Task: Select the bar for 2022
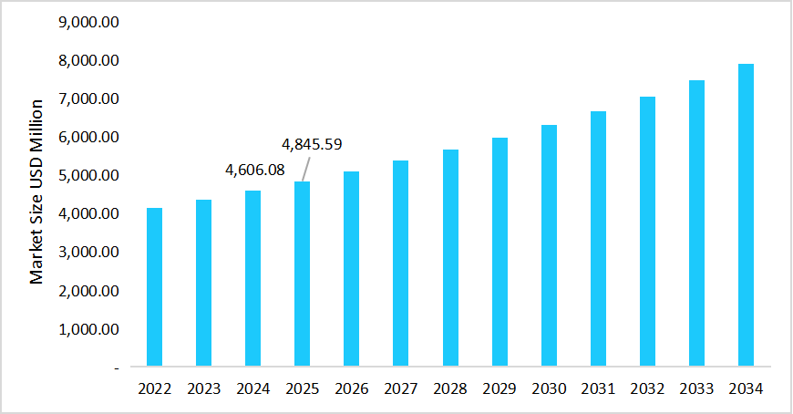pyautogui.click(x=155, y=287)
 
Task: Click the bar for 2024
pyautogui.click(x=253, y=278)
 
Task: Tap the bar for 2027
pyautogui.click(x=400, y=264)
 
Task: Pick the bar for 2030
pyautogui.click(x=548, y=246)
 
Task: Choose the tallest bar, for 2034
pyautogui.click(x=745, y=215)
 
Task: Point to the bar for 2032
pyautogui.click(x=646, y=232)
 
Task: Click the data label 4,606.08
pyautogui.click(x=254, y=170)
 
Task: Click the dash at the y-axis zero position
pyautogui.click(x=117, y=367)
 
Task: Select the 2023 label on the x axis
pyautogui.click(x=204, y=388)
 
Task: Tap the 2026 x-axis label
pyautogui.click(x=352, y=388)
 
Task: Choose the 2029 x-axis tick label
pyautogui.click(x=499, y=388)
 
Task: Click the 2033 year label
pyautogui.click(x=695, y=388)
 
